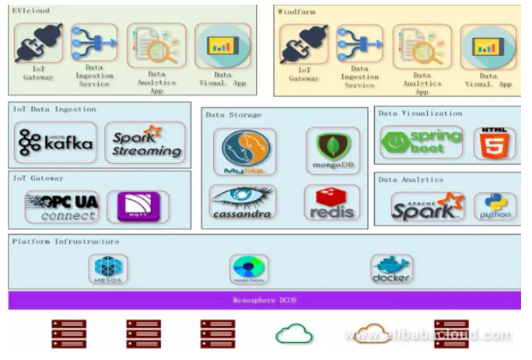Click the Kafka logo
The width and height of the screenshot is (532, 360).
click(56, 142)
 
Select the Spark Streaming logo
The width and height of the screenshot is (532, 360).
click(145, 142)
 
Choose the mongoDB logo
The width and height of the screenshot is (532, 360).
click(333, 151)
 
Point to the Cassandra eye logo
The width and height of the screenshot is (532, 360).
click(242, 202)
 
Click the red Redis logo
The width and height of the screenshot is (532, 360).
click(332, 202)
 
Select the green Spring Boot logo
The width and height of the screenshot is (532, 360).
click(421, 143)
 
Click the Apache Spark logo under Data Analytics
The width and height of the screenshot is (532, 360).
click(427, 207)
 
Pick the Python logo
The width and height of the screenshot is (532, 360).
click(495, 207)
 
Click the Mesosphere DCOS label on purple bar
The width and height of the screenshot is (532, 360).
click(265, 301)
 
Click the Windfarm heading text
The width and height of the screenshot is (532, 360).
click(296, 12)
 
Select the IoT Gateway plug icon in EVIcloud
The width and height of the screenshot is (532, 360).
click(37, 44)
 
